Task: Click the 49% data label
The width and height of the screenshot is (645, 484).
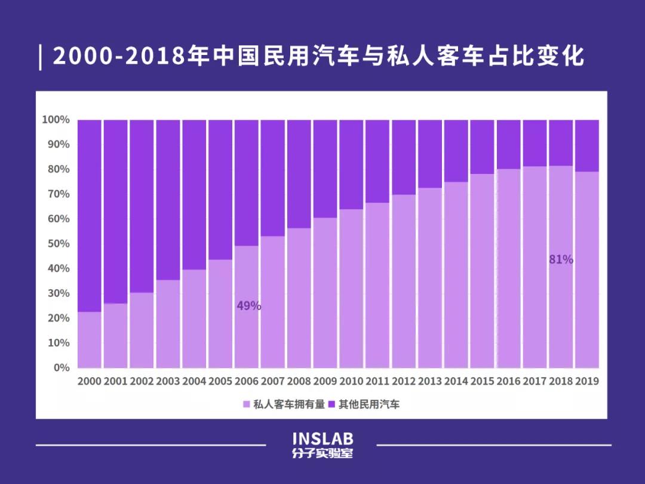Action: (249, 306)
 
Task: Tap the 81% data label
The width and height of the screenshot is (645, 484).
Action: (561, 259)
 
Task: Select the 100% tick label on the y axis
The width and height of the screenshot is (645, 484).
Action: (56, 120)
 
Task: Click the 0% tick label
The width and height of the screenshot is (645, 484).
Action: (62, 367)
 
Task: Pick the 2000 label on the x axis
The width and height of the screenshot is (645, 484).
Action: (90, 381)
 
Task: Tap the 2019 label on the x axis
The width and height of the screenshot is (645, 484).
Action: (586, 381)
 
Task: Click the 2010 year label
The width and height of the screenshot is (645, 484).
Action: (351, 381)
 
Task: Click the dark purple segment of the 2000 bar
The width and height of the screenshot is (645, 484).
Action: (90, 215)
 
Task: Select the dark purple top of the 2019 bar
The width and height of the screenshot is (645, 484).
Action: (586, 145)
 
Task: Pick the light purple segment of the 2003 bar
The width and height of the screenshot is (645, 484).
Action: (168, 323)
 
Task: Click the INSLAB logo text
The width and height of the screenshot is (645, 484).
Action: (322, 439)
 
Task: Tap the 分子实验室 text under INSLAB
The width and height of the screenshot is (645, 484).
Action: (322, 454)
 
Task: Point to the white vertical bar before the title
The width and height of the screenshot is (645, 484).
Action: (40, 57)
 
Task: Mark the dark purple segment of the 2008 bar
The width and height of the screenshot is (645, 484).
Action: (299, 173)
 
